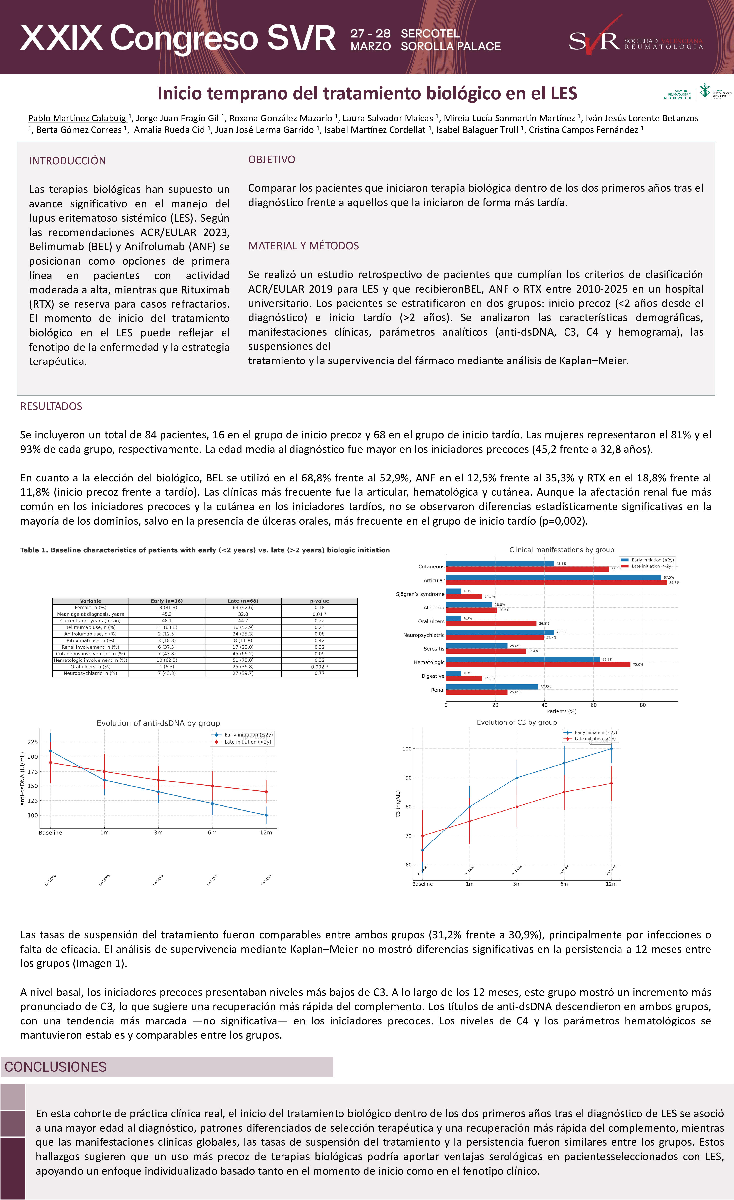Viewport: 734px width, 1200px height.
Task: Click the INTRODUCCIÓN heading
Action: coord(67,161)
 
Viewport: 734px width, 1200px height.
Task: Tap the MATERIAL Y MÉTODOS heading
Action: coord(303,246)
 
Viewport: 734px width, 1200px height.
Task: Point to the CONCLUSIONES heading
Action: coord(56,1067)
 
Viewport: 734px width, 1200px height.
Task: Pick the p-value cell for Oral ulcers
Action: coord(319,667)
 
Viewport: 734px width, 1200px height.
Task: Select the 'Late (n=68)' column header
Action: coord(243,601)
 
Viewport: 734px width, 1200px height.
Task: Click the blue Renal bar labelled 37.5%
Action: coord(492,687)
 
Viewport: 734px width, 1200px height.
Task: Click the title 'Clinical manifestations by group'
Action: coord(561,550)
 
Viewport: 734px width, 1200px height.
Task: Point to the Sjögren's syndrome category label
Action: coord(420,594)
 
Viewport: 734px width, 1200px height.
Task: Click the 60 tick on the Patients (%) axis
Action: coord(593,705)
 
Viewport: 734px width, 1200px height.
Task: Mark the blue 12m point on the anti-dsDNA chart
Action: coord(266,815)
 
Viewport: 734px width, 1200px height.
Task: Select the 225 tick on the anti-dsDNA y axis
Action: coord(33,742)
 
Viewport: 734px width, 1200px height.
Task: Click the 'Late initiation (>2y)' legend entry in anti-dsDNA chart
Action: coord(247,742)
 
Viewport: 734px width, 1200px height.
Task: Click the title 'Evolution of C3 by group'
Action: coord(516,722)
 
